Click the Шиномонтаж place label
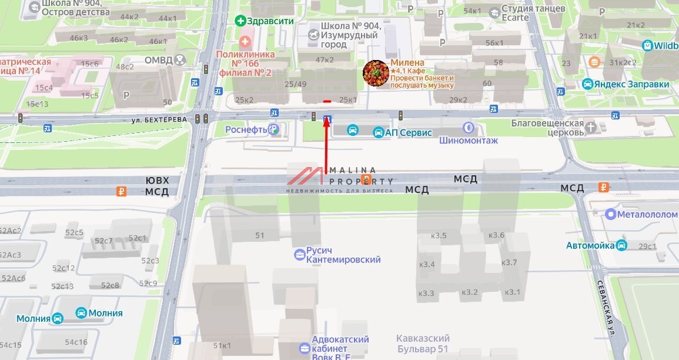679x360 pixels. point(469,140)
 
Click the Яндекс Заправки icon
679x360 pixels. point(587,84)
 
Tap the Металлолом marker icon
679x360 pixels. point(611,215)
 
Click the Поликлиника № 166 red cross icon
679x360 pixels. point(245,42)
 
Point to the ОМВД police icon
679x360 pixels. point(179,59)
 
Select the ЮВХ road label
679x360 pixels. point(157,180)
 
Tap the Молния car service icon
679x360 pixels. point(82,313)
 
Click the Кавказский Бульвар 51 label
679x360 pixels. point(423,344)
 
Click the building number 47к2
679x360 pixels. point(325,59)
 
